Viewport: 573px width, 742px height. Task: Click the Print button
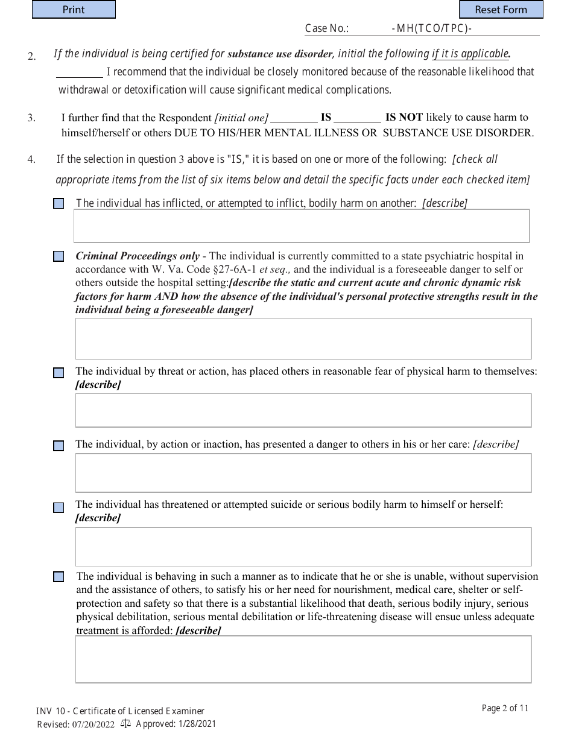click(x=74, y=10)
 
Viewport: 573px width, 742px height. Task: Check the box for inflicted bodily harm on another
click(x=59, y=204)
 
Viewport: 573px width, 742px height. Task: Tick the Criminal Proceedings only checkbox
click(x=59, y=256)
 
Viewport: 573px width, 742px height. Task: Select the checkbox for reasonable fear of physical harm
click(x=59, y=373)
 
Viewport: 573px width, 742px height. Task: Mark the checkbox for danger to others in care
click(x=59, y=446)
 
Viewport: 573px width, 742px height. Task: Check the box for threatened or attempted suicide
click(x=59, y=507)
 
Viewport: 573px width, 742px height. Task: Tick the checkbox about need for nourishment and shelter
click(x=59, y=577)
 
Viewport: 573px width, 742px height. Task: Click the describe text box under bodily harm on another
click(x=302, y=226)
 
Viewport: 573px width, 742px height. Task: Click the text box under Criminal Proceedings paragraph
click(x=303, y=338)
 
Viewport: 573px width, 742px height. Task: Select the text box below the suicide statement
click(x=303, y=547)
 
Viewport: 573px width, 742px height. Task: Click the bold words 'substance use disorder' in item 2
click(x=280, y=54)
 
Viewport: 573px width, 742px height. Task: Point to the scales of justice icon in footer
click(x=125, y=723)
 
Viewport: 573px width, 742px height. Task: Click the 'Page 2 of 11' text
click(x=505, y=708)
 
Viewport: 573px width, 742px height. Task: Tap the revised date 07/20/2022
click(x=93, y=725)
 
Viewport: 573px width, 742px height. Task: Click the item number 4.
click(x=31, y=160)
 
